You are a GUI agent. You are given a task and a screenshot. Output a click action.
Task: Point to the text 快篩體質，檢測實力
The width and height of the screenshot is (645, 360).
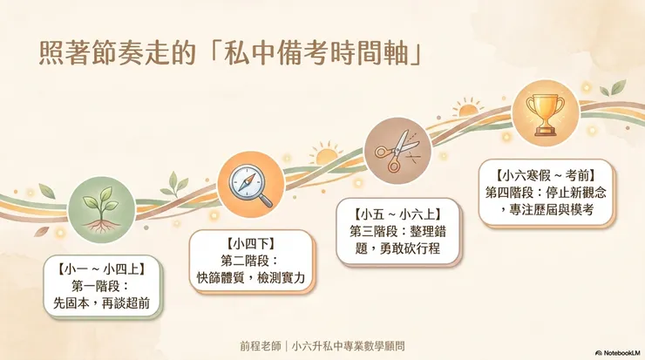point(251,278)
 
